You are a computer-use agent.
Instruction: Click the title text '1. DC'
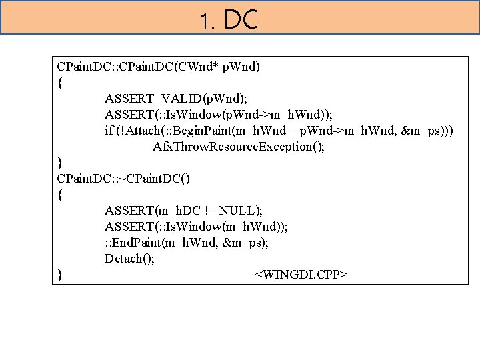tap(229, 21)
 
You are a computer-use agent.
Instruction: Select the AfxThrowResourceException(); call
tap(239, 146)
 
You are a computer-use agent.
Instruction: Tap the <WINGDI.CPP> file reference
tap(301, 274)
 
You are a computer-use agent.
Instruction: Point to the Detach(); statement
tap(129, 258)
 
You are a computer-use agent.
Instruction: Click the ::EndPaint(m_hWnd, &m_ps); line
tap(187, 242)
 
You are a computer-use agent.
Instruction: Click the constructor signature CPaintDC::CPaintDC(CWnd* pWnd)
tap(159, 67)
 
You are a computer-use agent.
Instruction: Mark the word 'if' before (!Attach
tap(109, 130)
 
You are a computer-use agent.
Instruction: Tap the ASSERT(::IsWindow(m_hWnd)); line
tap(197, 227)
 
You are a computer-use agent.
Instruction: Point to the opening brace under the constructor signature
tap(61, 83)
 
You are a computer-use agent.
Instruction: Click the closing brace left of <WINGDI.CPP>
tap(61, 274)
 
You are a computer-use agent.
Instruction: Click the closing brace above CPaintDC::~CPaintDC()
tap(61, 162)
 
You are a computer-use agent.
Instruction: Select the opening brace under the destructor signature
tap(61, 195)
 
